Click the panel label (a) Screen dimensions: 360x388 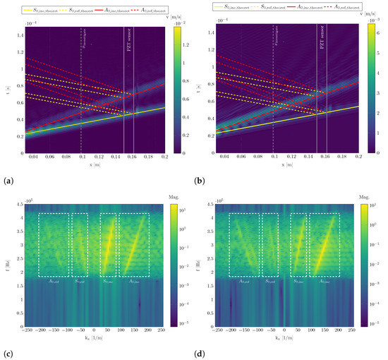tap(8, 181)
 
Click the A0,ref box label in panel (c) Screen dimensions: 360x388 tap(54, 280)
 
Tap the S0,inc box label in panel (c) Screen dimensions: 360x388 tap(108, 280)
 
